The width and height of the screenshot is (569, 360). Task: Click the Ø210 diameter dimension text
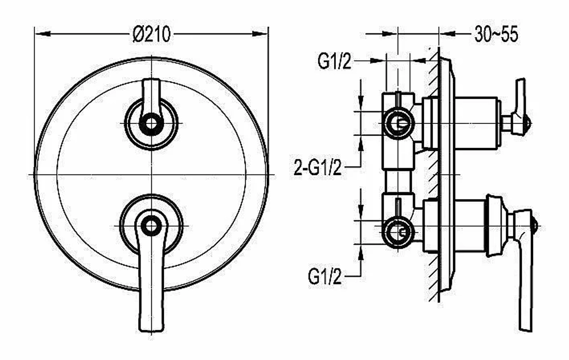(151, 35)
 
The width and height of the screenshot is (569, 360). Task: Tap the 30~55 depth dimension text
(496, 35)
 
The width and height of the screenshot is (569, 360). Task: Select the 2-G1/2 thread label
(318, 168)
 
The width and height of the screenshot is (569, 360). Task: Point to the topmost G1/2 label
(335, 61)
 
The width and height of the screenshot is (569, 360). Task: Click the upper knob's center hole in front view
(151, 124)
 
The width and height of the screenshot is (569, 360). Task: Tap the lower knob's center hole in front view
(151, 226)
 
